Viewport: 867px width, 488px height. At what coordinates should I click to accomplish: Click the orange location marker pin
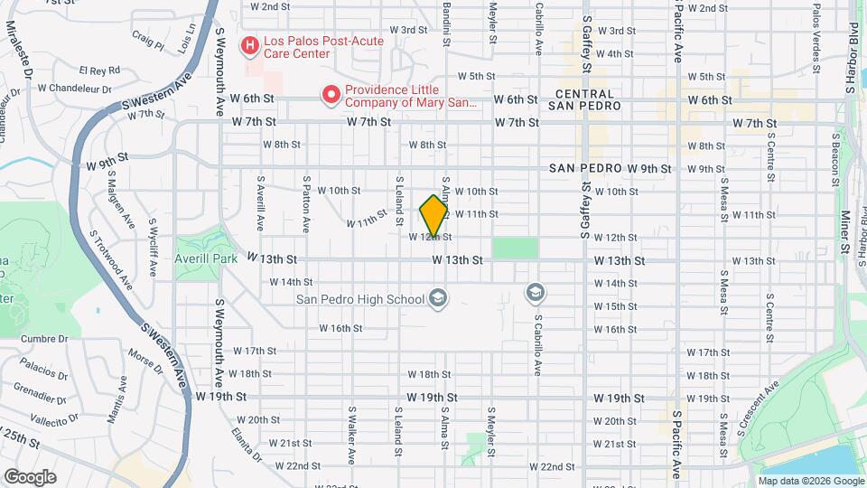tap(434, 215)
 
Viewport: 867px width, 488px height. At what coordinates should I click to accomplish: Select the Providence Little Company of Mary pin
tap(331, 93)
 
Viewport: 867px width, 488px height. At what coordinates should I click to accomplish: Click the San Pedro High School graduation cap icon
tap(438, 299)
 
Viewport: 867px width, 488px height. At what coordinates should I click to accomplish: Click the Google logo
tap(30, 476)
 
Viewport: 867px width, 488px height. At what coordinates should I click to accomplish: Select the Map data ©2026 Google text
tap(810, 481)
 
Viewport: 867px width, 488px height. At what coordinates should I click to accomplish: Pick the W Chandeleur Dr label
tap(77, 89)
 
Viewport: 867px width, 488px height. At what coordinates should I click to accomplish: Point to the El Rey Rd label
tap(99, 70)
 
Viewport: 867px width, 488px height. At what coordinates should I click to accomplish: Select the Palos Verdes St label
tap(816, 36)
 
